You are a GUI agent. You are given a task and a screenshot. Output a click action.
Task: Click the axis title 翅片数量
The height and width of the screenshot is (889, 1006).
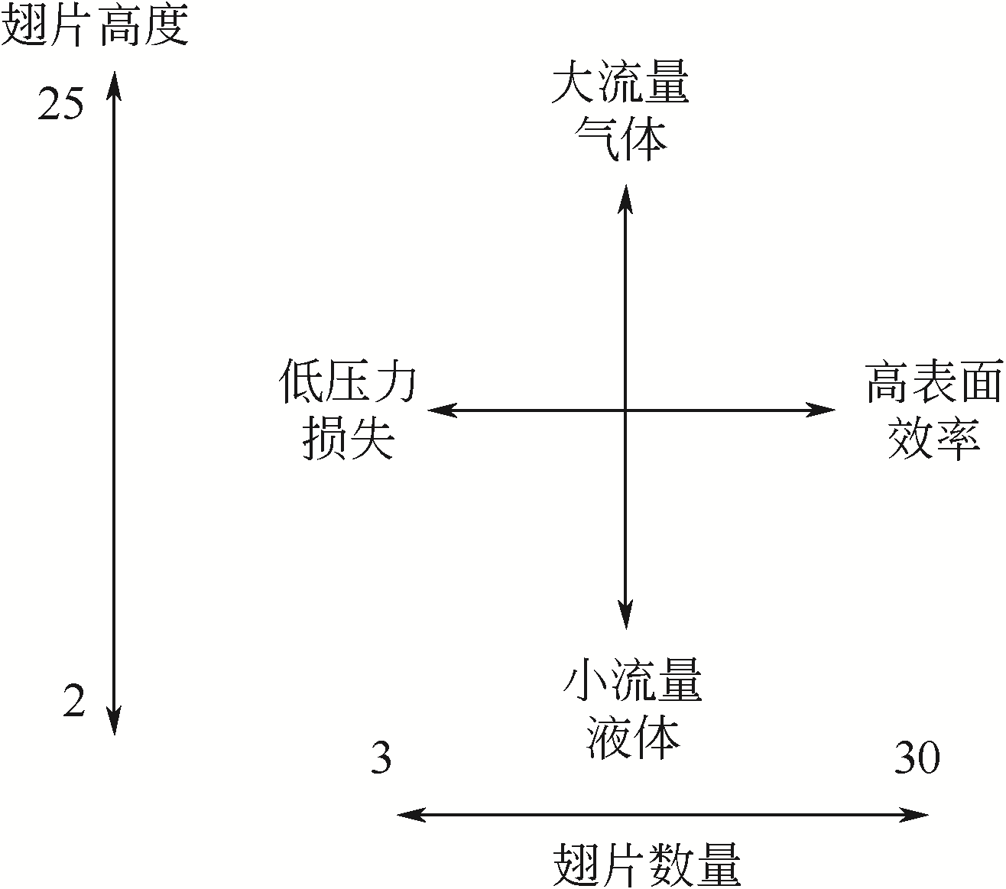[x=646, y=865]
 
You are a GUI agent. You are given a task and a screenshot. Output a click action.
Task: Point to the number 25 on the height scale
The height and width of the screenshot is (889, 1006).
[x=60, y=104]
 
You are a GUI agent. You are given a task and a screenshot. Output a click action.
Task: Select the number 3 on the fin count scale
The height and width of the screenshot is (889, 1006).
[x=381, y=758]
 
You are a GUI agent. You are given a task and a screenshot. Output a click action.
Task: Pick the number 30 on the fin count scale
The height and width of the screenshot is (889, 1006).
[x=917, y=758]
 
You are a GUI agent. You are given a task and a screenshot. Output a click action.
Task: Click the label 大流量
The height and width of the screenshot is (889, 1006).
[x=620, y=83]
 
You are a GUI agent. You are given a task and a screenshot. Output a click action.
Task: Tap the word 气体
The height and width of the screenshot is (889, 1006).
[x=620, y=139]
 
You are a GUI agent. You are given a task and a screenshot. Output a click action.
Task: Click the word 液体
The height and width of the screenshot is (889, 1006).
[x=633, y=738]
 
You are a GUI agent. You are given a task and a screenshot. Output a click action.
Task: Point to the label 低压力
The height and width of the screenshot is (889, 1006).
[x=347, y=382]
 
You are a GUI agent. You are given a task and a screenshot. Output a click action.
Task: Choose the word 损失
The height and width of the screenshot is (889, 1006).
[x=349, y=439]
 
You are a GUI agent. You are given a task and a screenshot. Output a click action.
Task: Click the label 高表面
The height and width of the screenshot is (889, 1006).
[x=933, y=382]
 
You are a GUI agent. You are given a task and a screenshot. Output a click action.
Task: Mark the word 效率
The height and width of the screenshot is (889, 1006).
[x=933, y=439]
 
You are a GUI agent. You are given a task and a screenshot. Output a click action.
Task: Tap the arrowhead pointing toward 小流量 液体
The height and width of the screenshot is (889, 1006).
[x=626, y=616]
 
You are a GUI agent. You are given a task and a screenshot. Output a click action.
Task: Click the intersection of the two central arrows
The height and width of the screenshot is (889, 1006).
[x=626, y=410]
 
